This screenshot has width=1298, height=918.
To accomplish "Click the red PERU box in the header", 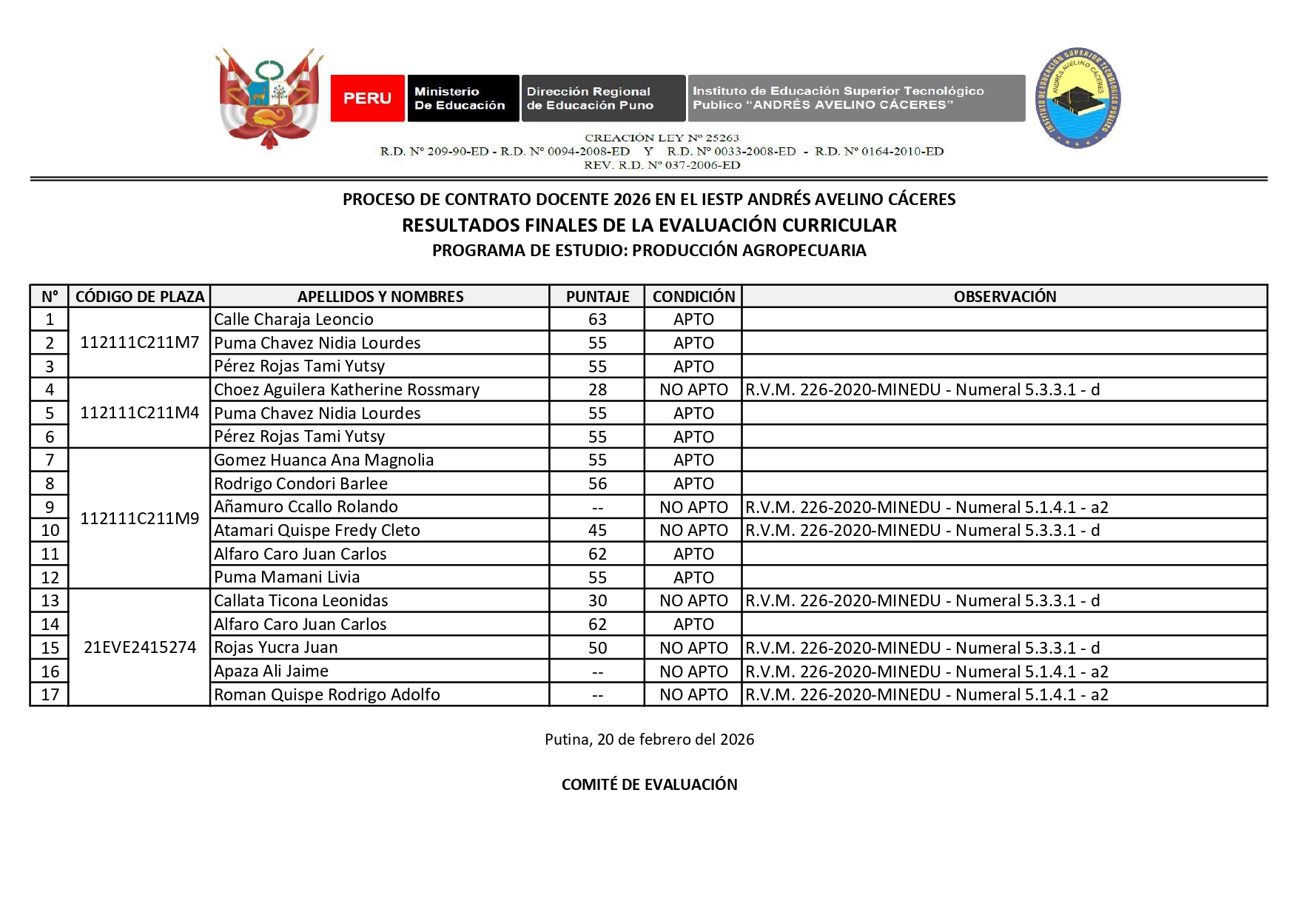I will (x=367, y=98).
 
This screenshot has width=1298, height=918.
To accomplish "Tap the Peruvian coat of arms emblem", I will (x=269, y=98).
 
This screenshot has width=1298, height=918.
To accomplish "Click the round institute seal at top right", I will (x=1077, y=98).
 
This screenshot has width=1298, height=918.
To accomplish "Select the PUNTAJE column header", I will (x=597, y=297).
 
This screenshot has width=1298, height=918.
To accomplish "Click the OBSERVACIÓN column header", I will (x=1004, y=297).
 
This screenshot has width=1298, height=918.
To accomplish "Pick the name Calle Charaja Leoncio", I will (x=294, y=320).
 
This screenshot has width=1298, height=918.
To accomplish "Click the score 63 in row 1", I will (x=597, y=320).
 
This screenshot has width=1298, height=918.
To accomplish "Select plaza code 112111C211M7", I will (x=139, y=343).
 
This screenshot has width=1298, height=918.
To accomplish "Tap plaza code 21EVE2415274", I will (x=139, y=648).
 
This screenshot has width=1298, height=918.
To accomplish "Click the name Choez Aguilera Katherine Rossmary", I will (x=346, y=390).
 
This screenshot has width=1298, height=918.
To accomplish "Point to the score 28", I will (x=597, y=390).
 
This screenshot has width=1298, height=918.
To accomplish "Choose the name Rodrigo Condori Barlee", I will (x=300, y=484).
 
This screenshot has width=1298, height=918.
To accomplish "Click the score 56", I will (x=597, y=484).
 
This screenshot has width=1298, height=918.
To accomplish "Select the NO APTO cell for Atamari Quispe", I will (x=693, y=531).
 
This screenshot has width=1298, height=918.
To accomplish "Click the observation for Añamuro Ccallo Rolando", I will (x=927, y=508).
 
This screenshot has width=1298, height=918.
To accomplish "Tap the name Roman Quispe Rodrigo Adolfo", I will (x=326, y=695).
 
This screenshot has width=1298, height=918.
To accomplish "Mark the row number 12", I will (x=50, y=578).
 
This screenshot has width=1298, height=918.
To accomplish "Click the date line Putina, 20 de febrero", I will (x=649, y=740).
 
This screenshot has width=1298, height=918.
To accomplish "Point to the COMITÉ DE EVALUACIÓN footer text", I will (x=649, y=785).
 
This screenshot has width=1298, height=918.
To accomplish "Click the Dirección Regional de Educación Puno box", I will (x=603, y=98).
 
